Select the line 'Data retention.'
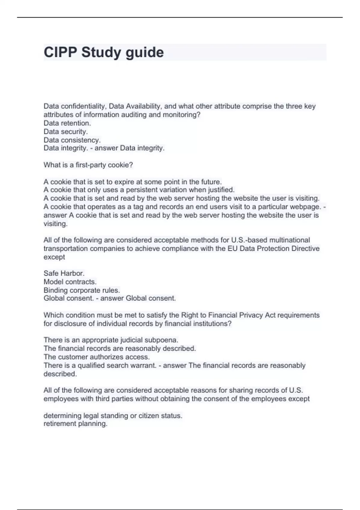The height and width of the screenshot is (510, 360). click(x=67, y=123)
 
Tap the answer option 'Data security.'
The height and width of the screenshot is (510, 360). click(x=66, y=131)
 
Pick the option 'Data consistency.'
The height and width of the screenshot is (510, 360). click(x=72, y=140)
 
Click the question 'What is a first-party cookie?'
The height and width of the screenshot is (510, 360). click(x=88, y=165)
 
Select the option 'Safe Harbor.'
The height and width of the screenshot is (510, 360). click(x=64, y=273)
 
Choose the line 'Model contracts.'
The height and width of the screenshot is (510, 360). click(x=70, y=282)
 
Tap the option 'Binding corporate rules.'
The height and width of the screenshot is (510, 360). click(x=82, y=290)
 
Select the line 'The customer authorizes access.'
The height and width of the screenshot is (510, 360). click(x=97, y=357)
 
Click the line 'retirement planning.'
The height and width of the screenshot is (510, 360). click(x=75, y=424)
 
